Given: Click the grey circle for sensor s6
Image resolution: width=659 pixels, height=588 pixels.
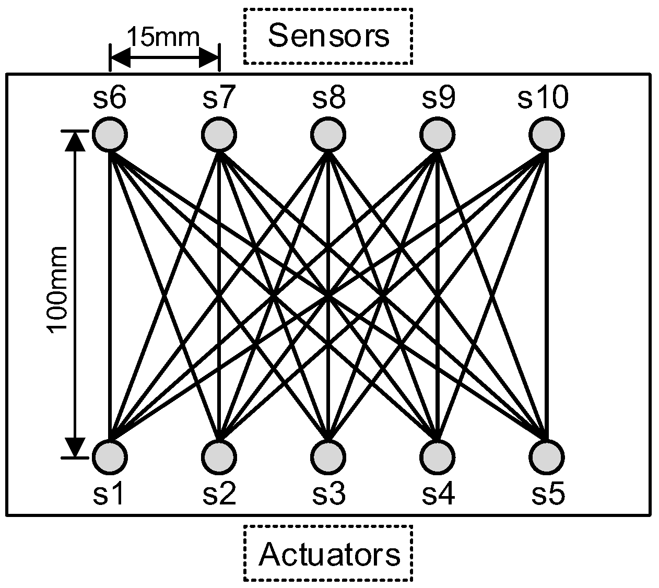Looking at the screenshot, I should coord(110,134).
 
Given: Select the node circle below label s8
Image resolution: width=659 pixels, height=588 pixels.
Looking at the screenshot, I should coord(328,134).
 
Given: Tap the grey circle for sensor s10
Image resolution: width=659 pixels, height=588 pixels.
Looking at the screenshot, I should coord(546,134).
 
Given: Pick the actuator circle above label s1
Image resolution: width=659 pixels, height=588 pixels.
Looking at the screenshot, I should coord(110,456).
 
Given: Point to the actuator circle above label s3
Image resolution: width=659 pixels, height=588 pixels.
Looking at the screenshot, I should coord(328,456).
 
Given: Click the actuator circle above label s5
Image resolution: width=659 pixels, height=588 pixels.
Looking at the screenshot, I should coord(546,456).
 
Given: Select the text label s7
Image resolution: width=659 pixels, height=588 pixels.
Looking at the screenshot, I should coord(219,98).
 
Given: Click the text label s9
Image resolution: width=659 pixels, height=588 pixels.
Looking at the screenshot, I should coord(438,98).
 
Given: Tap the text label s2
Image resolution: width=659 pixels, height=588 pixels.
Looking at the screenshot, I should coord(219,494).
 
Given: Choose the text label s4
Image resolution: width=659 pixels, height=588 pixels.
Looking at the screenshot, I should coord(438,494).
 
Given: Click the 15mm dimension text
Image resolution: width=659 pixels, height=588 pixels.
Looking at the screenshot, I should coord(163,38).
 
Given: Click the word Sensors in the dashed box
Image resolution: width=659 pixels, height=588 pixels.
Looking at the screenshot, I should coord(328,36).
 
